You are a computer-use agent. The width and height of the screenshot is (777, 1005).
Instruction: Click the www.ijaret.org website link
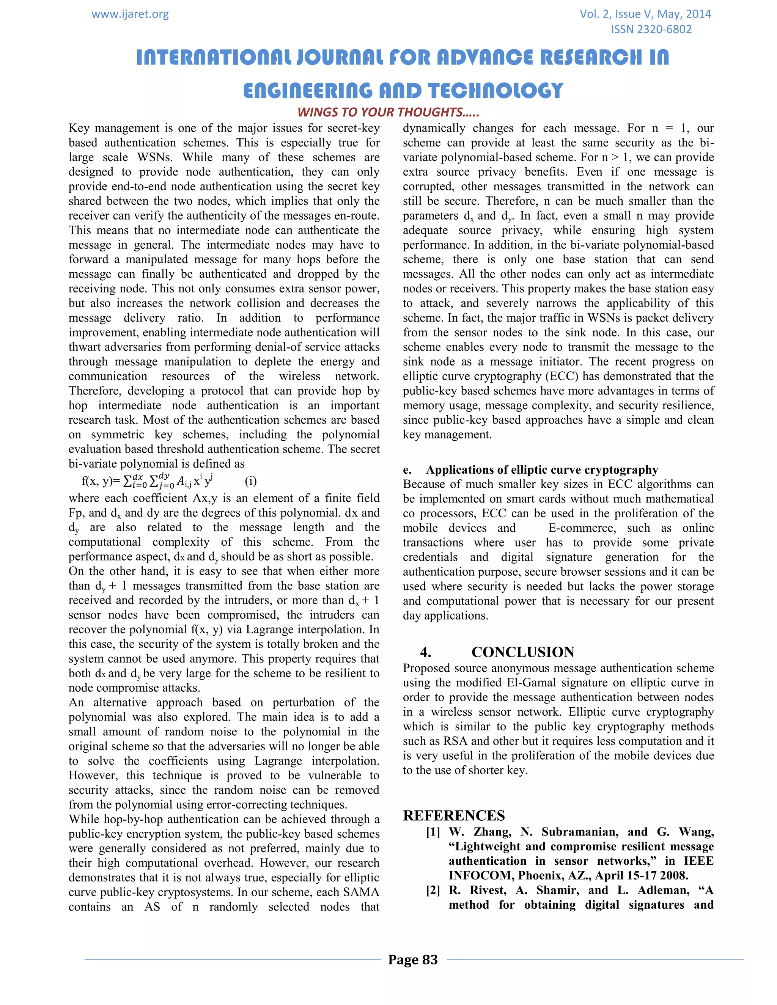pos(130,14)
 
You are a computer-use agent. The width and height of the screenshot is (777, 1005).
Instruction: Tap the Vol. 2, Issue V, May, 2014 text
pos(645,14)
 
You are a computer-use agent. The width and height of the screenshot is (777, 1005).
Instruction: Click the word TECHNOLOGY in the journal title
pos(494,91)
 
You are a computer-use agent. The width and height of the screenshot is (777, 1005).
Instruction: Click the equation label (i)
pos(251,481)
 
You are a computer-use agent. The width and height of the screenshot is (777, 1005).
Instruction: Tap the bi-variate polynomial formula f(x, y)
pos(147,481)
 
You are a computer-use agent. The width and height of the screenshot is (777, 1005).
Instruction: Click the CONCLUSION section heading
pos(522,652)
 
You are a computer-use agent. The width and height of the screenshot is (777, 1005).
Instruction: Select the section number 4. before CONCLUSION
pos(425,652)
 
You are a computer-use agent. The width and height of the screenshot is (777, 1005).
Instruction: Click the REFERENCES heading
pos(454,815)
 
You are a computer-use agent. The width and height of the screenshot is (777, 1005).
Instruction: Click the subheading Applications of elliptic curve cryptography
pos(542,470)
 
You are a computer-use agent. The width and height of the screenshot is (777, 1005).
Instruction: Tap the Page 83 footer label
pos(412,959)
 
